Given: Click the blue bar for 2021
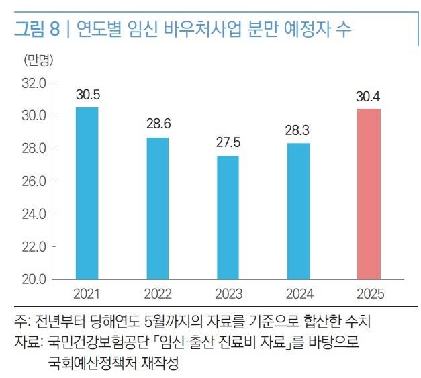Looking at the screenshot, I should [x=87, y=193].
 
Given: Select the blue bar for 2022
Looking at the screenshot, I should [x=157, y=207].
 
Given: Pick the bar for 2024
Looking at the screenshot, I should [x=298, y=210].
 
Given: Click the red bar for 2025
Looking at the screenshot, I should [x=369, y=193].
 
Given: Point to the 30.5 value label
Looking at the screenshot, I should [x=87, y=95].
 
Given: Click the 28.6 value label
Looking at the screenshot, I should [x=158, y=125].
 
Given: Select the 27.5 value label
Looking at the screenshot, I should [x=228, y=143].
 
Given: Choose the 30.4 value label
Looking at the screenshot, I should [x=369, y=96].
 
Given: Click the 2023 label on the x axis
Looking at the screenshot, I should [x=228, y=294].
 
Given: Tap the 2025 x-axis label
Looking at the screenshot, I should [x=369, y=294].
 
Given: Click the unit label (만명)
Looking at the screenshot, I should [x=38, y=60].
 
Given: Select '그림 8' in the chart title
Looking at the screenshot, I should [x=39, y=30].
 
